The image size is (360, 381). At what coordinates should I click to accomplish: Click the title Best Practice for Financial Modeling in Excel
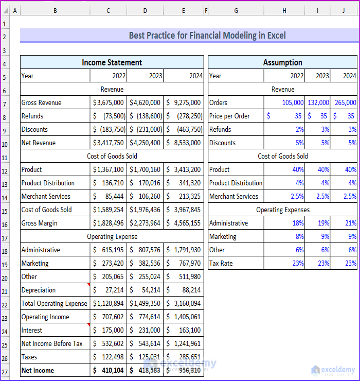(207, 36)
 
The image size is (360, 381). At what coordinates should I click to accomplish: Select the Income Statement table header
(112, 62)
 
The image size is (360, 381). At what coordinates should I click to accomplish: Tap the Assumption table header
(282, 62)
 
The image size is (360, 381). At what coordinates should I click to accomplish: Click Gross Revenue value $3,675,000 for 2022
(109, 102)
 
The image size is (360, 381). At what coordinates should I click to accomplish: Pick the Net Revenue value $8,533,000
(184, 143)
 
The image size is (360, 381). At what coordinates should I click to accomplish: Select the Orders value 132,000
(318, 102)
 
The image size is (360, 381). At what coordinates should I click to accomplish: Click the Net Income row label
(38, 370)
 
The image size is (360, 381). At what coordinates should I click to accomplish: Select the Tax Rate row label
(221, 263)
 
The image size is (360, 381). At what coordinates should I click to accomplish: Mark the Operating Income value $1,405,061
(184, 317)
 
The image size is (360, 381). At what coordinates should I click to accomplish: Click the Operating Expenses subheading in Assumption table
(282, 210)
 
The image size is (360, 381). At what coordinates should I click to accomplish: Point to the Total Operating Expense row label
(55, 303)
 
